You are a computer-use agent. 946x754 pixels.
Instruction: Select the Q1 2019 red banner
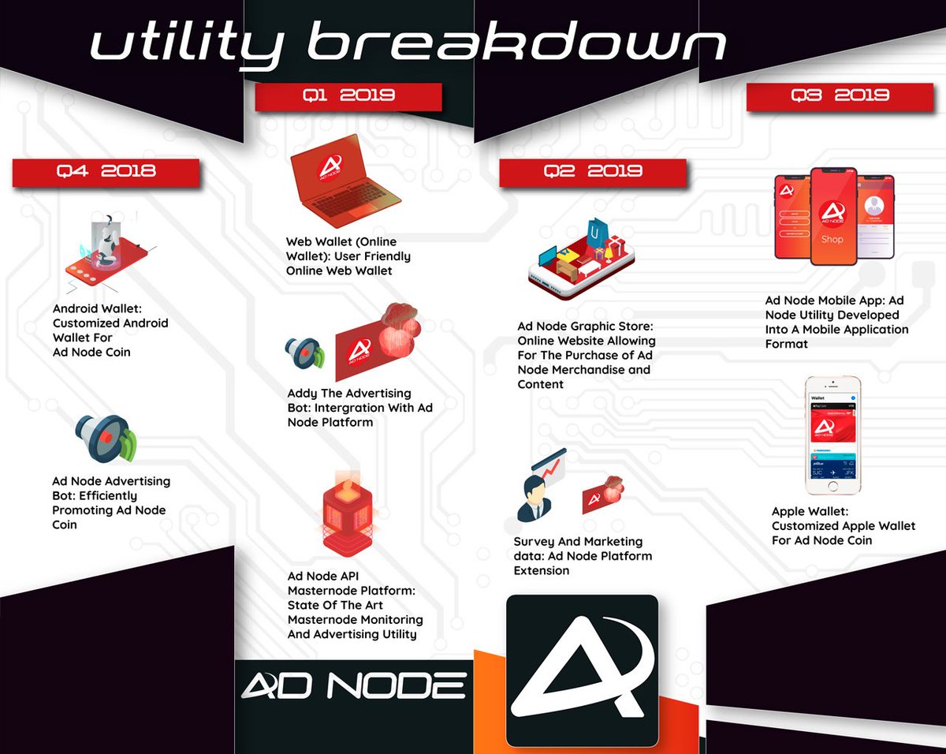pos(348,96)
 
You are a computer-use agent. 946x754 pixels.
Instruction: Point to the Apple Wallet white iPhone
pos(832,435)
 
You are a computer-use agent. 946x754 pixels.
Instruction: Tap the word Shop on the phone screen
pos(832,239)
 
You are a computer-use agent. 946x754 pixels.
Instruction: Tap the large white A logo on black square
pos(582,670)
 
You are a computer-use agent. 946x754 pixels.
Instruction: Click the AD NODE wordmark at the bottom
pos(353,685)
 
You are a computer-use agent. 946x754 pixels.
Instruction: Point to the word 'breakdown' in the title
pos(516,43)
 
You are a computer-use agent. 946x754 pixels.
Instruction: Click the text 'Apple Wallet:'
pos(810,511)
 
